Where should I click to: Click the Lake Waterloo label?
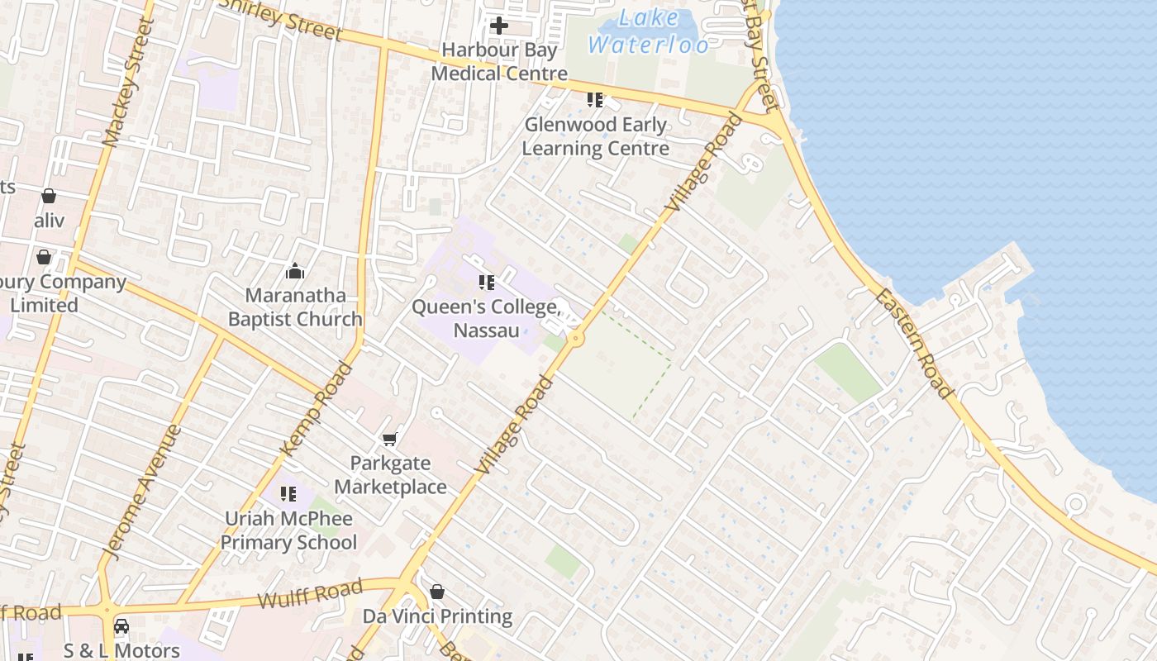tap(649, 31)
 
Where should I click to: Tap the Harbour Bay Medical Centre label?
tap(499, 61)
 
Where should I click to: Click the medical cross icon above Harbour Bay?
tap(499, 26)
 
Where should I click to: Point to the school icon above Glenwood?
tap(595, 100)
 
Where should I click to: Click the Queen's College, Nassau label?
tap(487, 319)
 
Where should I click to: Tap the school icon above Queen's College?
tap(487, 283)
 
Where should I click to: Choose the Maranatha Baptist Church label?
tap(295, 307)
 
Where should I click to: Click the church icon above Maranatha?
tap(295, 271)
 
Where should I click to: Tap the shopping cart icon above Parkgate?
tap(390, 439)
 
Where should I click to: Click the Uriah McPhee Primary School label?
tap(288, 530)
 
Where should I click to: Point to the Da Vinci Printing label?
tap(437, 616)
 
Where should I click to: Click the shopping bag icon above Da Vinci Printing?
tap(437, 592)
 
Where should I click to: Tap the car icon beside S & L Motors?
tap(121, 626)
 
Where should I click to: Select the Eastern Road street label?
tap(915, 343)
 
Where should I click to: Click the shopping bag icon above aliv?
tap(49, 196)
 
